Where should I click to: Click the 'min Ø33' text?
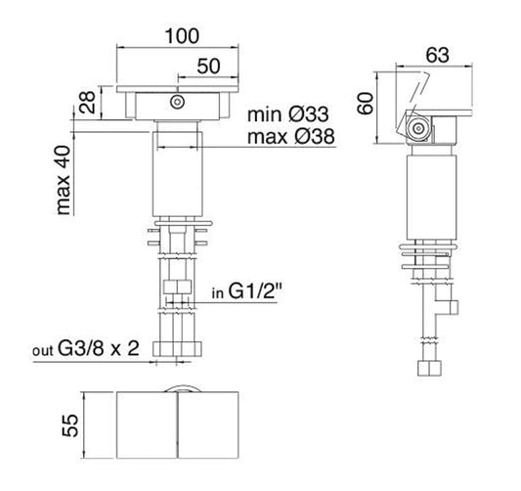point(290,114)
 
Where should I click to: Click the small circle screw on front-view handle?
point(177,102)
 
